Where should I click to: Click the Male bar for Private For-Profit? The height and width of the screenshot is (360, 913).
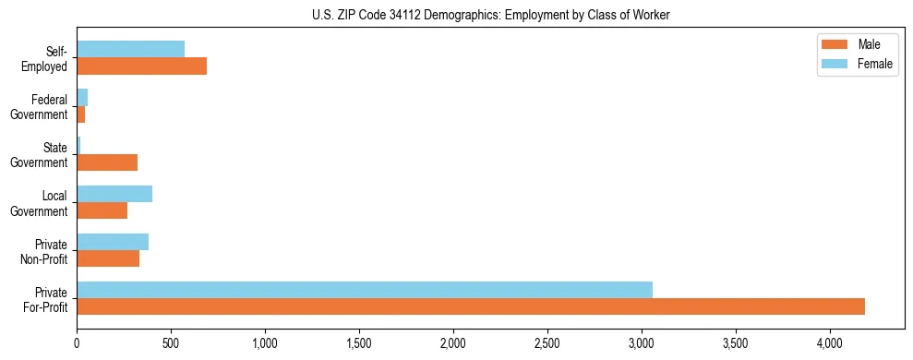coord(471,306)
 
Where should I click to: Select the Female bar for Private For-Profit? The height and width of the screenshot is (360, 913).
coord(365,290)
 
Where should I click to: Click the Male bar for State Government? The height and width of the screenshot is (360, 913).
coord(107,162)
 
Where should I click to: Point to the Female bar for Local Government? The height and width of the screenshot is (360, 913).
coord(114,194)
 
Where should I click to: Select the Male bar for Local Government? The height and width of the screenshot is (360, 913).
coord(102,210)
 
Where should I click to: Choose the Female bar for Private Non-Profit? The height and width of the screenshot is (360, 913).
coord(113,242)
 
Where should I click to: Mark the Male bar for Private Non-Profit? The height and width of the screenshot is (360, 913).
coord(108,258)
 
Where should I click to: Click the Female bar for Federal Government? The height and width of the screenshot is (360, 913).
coord(82,97)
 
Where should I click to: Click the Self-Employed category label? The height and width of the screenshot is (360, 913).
coord(47,58)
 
